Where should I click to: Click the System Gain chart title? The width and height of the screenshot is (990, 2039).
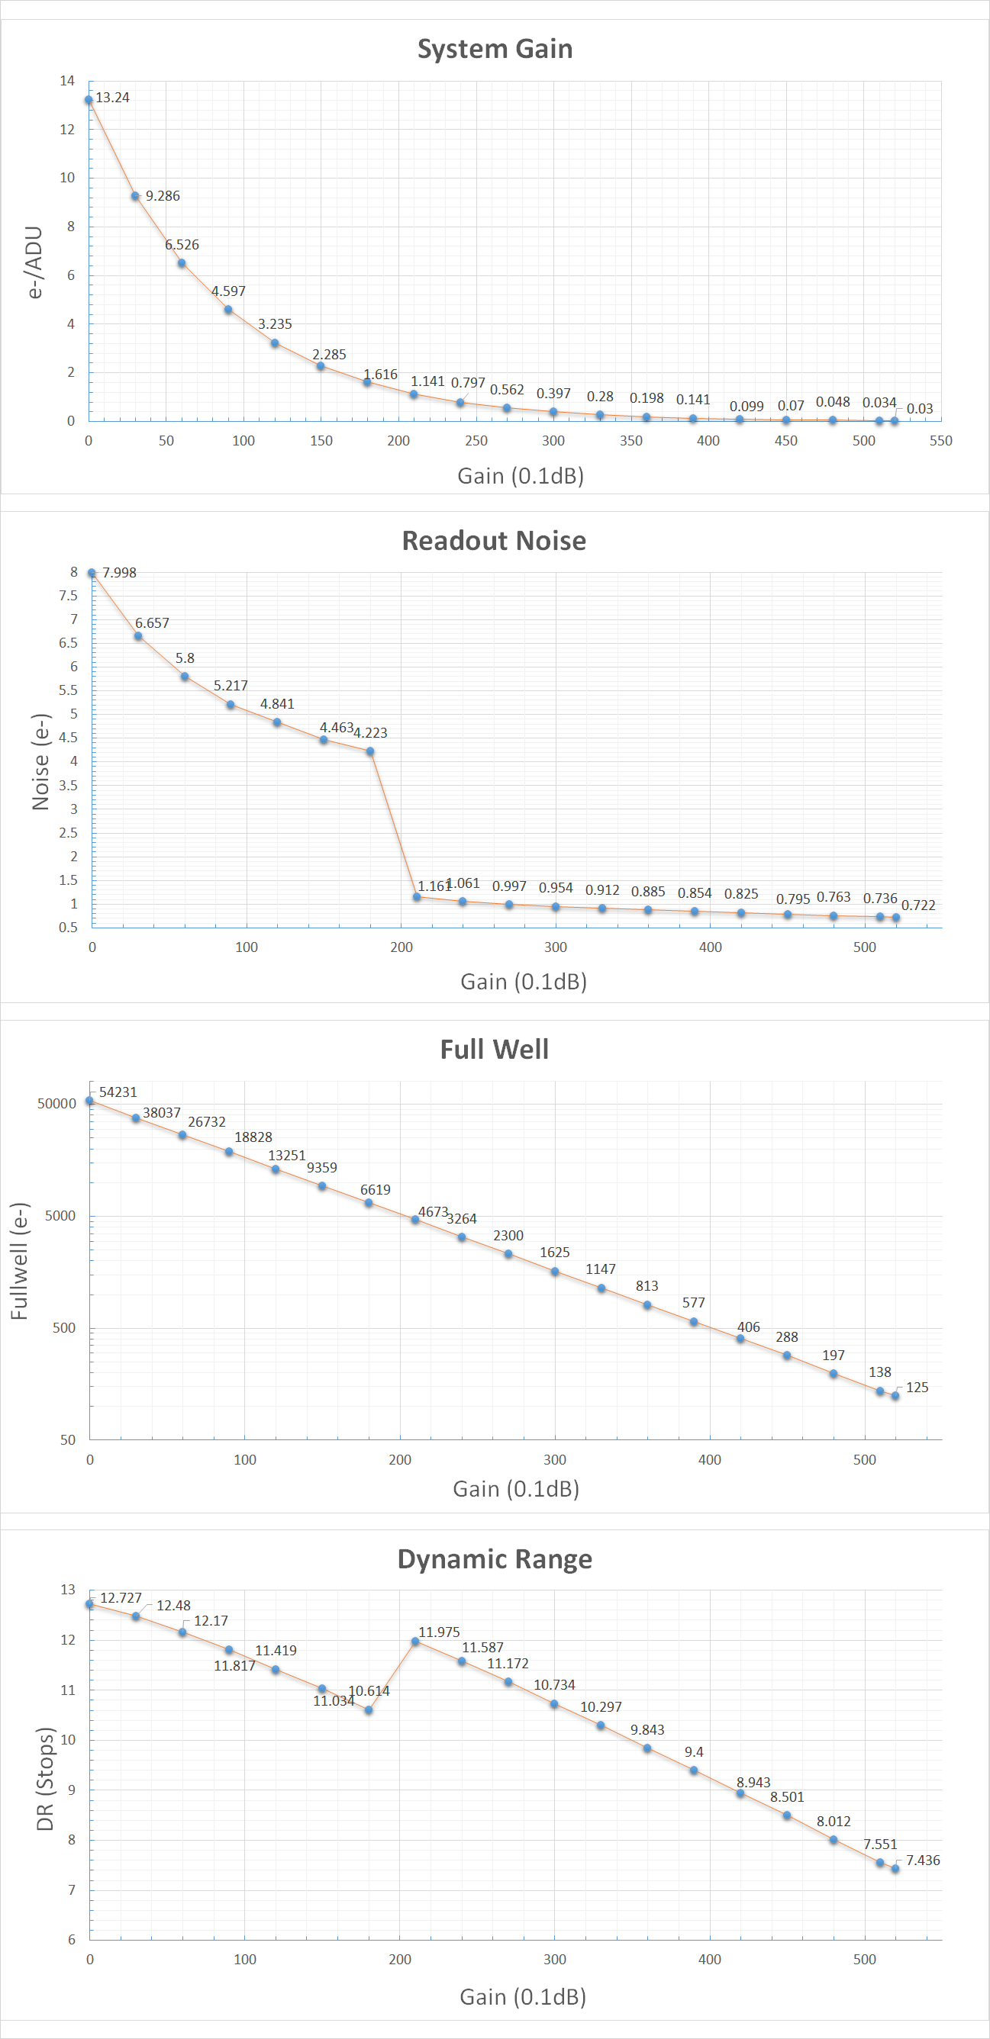point(495,49)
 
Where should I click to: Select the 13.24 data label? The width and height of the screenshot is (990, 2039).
point(112,98)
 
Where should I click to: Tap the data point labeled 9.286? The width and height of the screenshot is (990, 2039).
point(135,196)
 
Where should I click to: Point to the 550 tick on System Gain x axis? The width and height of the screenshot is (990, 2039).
point(941,441)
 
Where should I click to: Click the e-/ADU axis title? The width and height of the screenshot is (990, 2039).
point(34,262)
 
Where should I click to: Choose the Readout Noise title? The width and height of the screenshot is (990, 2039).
point(494,541)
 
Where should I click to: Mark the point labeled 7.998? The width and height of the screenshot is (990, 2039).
point(92,573)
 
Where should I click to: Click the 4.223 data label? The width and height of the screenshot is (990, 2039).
point(370,733)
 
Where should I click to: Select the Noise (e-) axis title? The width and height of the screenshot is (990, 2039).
point(40,761)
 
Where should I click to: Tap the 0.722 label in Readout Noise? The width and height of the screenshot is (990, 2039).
point(918,905)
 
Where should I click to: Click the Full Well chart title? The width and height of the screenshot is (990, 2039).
point(494,1050)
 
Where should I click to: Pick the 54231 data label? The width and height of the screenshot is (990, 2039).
point(118,1092)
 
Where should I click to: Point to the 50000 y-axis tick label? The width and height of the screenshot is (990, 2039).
point(57,1103)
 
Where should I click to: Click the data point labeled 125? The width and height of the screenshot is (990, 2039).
point(895,1396)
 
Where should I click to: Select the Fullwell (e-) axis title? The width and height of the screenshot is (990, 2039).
point(19,1261)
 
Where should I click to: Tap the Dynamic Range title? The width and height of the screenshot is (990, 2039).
point(495,1559)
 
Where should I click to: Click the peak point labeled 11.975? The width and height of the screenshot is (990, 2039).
point(415,1642)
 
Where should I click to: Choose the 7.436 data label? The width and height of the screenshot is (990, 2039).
point(923,1860)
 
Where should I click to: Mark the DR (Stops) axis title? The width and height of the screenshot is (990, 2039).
point(45,1779)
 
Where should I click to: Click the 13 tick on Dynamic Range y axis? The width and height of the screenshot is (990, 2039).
point(68,1590)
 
